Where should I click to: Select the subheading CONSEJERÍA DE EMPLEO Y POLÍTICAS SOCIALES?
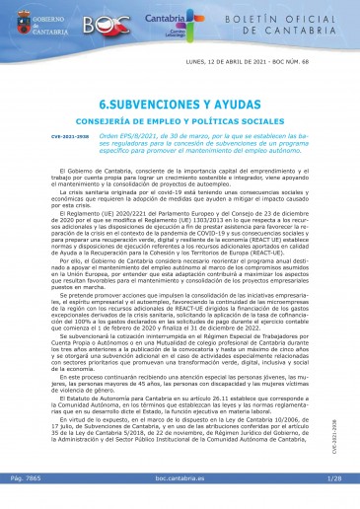click(x=180, y=119)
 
